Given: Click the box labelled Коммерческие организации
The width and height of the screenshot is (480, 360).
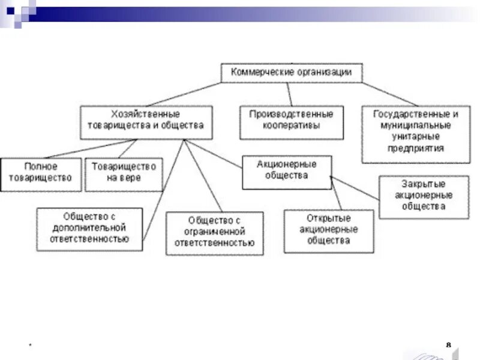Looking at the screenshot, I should click(292, 73).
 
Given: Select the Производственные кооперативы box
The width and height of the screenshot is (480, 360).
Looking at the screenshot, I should click(292, 122).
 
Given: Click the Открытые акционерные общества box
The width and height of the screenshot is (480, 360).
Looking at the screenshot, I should click(328, 230).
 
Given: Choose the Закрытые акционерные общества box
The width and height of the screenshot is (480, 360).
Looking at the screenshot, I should click(424, 196).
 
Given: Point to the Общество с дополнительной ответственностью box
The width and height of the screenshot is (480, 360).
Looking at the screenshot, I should click(90, 229).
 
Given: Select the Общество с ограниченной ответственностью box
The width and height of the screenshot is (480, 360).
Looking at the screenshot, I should click(214, 233).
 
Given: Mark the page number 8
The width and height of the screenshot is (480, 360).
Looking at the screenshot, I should click(449, 344).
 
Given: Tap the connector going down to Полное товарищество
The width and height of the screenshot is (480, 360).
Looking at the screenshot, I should click(90, 149).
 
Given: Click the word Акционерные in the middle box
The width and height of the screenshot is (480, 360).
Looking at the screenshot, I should click(286, 164).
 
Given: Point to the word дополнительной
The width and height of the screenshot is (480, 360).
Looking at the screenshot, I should click(89, 228).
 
